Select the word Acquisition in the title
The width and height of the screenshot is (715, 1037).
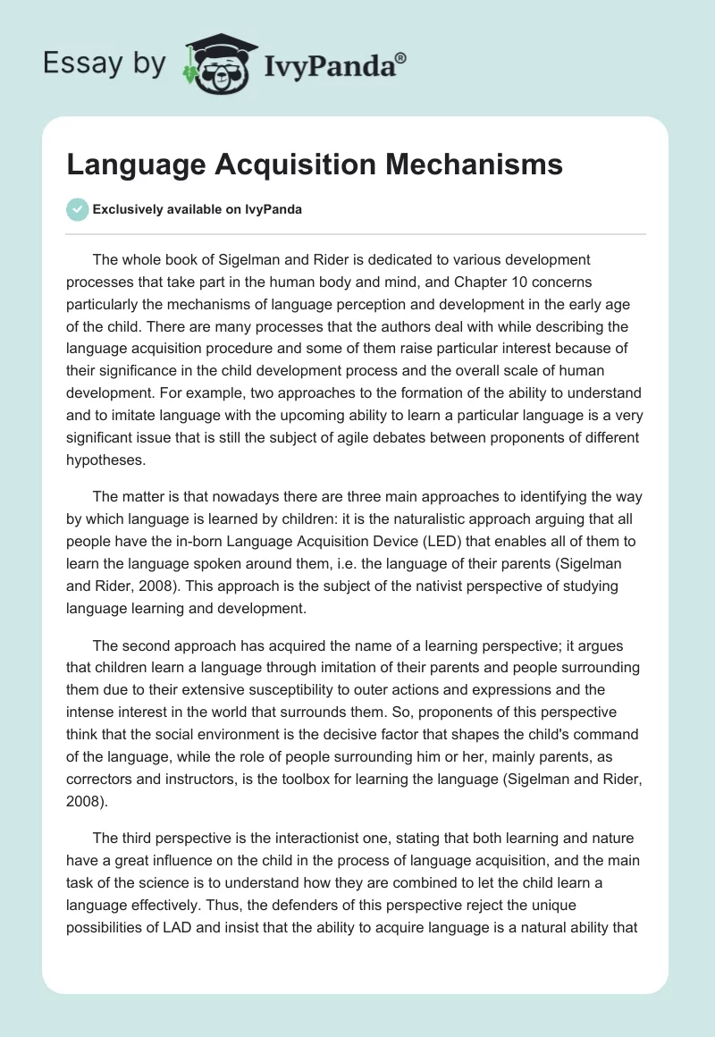[x=290, y=164]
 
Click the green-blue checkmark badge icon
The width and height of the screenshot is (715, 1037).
[x=77, y=209]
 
